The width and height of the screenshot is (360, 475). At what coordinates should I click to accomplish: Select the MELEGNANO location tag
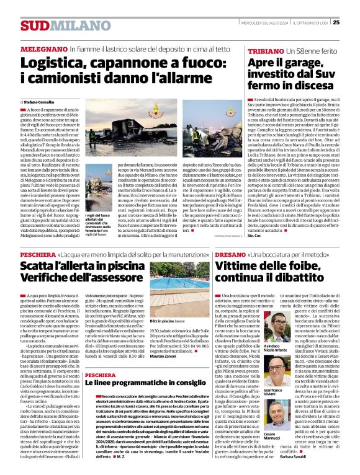tap(43, 48)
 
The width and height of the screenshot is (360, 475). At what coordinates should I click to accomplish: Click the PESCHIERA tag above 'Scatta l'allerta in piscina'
tap(37, 254)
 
